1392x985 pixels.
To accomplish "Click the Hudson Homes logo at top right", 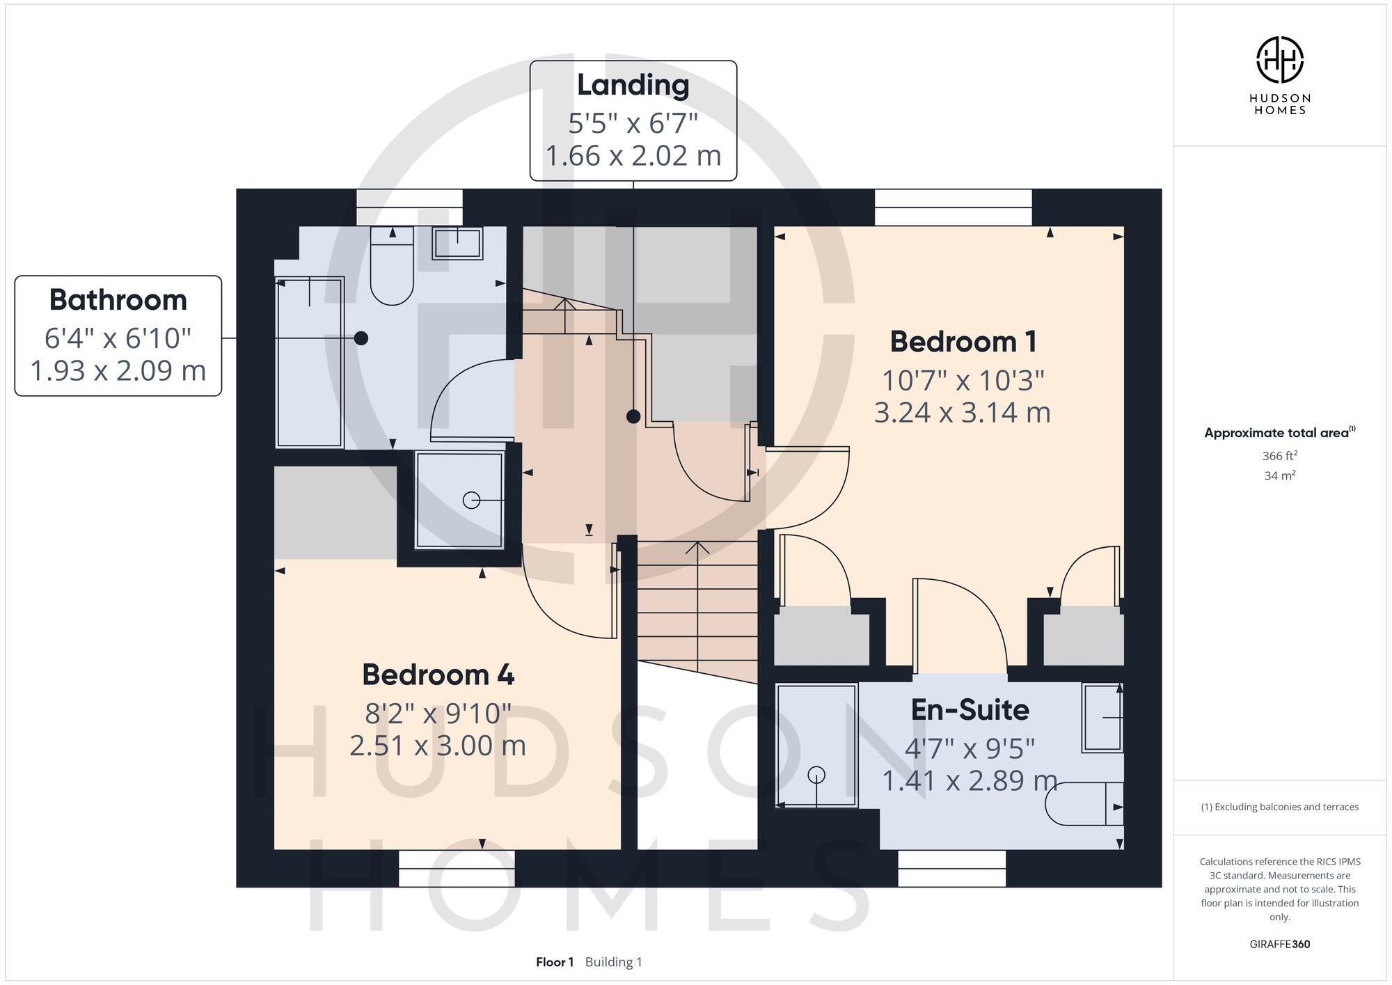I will (x=1279, y=61).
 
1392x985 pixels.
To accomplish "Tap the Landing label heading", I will (x=633, y=85).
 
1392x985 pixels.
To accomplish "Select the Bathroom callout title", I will (x=118, y=300).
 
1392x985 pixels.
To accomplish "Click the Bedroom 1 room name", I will (x=963, y=342).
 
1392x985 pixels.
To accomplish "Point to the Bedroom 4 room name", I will (x=438, y=675).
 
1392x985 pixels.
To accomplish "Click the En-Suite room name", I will (x=970, y=709).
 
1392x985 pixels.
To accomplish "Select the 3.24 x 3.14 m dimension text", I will (x=962, y=412).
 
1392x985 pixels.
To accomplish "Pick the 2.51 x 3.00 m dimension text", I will (x=438, y=746).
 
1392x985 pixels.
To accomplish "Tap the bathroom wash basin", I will (x=457, y=244).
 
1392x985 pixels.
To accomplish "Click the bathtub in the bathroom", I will (x=310, y=362).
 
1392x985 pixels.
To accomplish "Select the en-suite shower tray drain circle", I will (x=816, y=774).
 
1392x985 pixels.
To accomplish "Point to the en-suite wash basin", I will (x=1102, y=718).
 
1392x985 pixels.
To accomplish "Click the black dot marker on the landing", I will (x=633, y=416).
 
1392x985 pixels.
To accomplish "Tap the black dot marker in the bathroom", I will (x=361, y=338).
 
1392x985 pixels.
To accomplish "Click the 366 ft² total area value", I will (x=1279, y=456).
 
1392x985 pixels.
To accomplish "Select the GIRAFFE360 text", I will (x=1279, y=944).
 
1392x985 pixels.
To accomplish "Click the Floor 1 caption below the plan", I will (x=555, y=962).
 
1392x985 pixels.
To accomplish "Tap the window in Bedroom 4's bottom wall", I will (x=457, y=868).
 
